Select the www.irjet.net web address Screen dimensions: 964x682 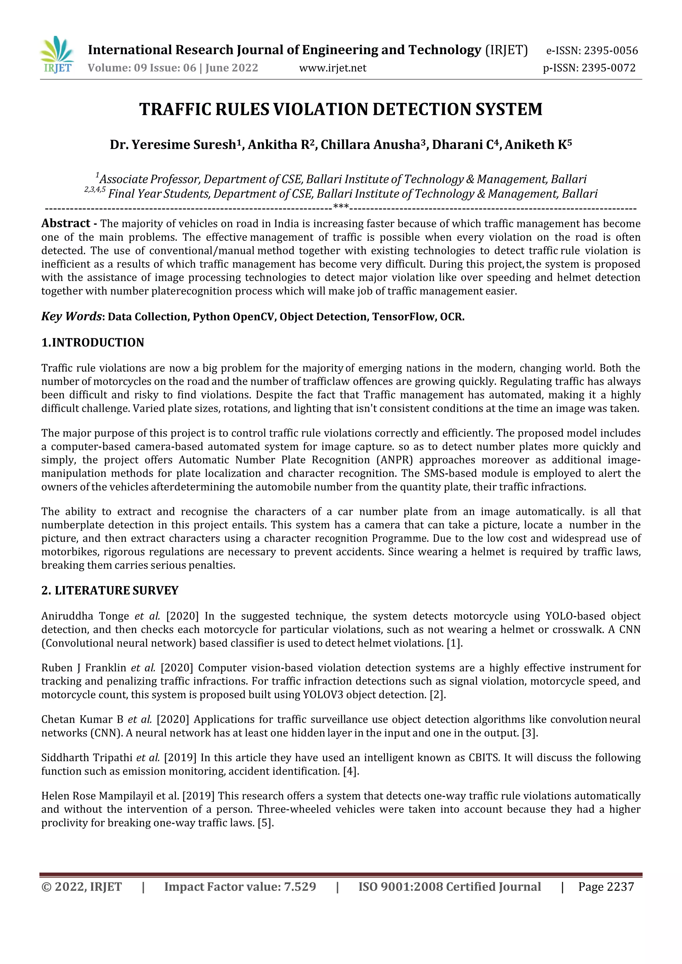point(332,68)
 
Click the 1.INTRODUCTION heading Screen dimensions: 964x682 point(93,343)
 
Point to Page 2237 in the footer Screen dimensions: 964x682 point(605,887)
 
